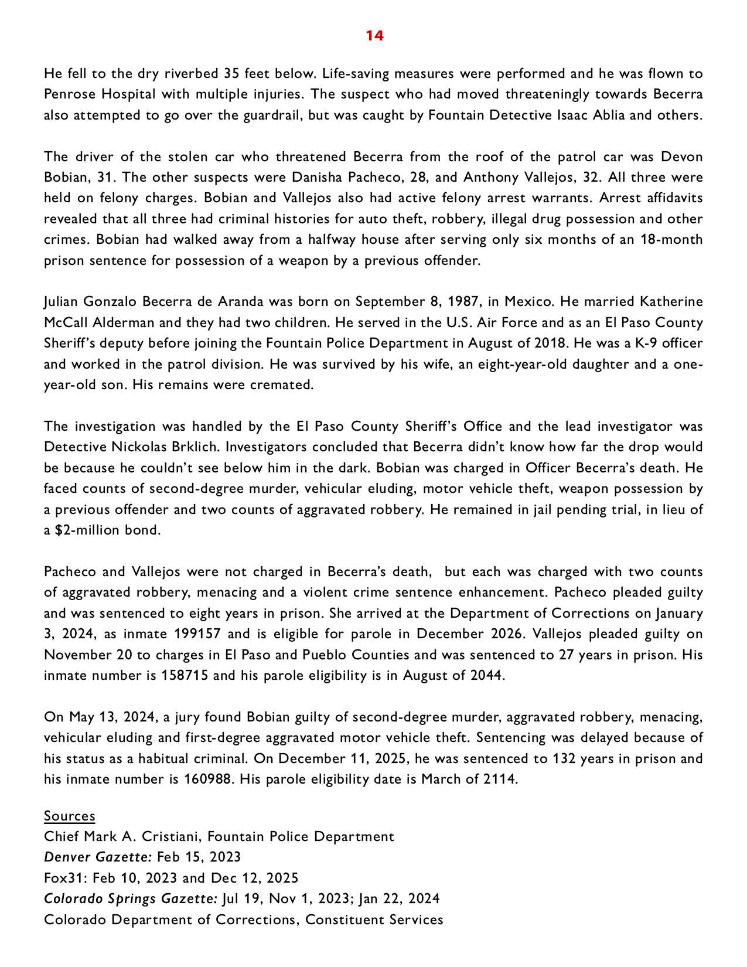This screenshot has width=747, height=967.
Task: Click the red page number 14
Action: [x=374, y=36]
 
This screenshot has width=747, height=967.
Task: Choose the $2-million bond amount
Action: [x=81, y=530]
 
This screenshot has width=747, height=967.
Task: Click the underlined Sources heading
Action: [x=69, y=816]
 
